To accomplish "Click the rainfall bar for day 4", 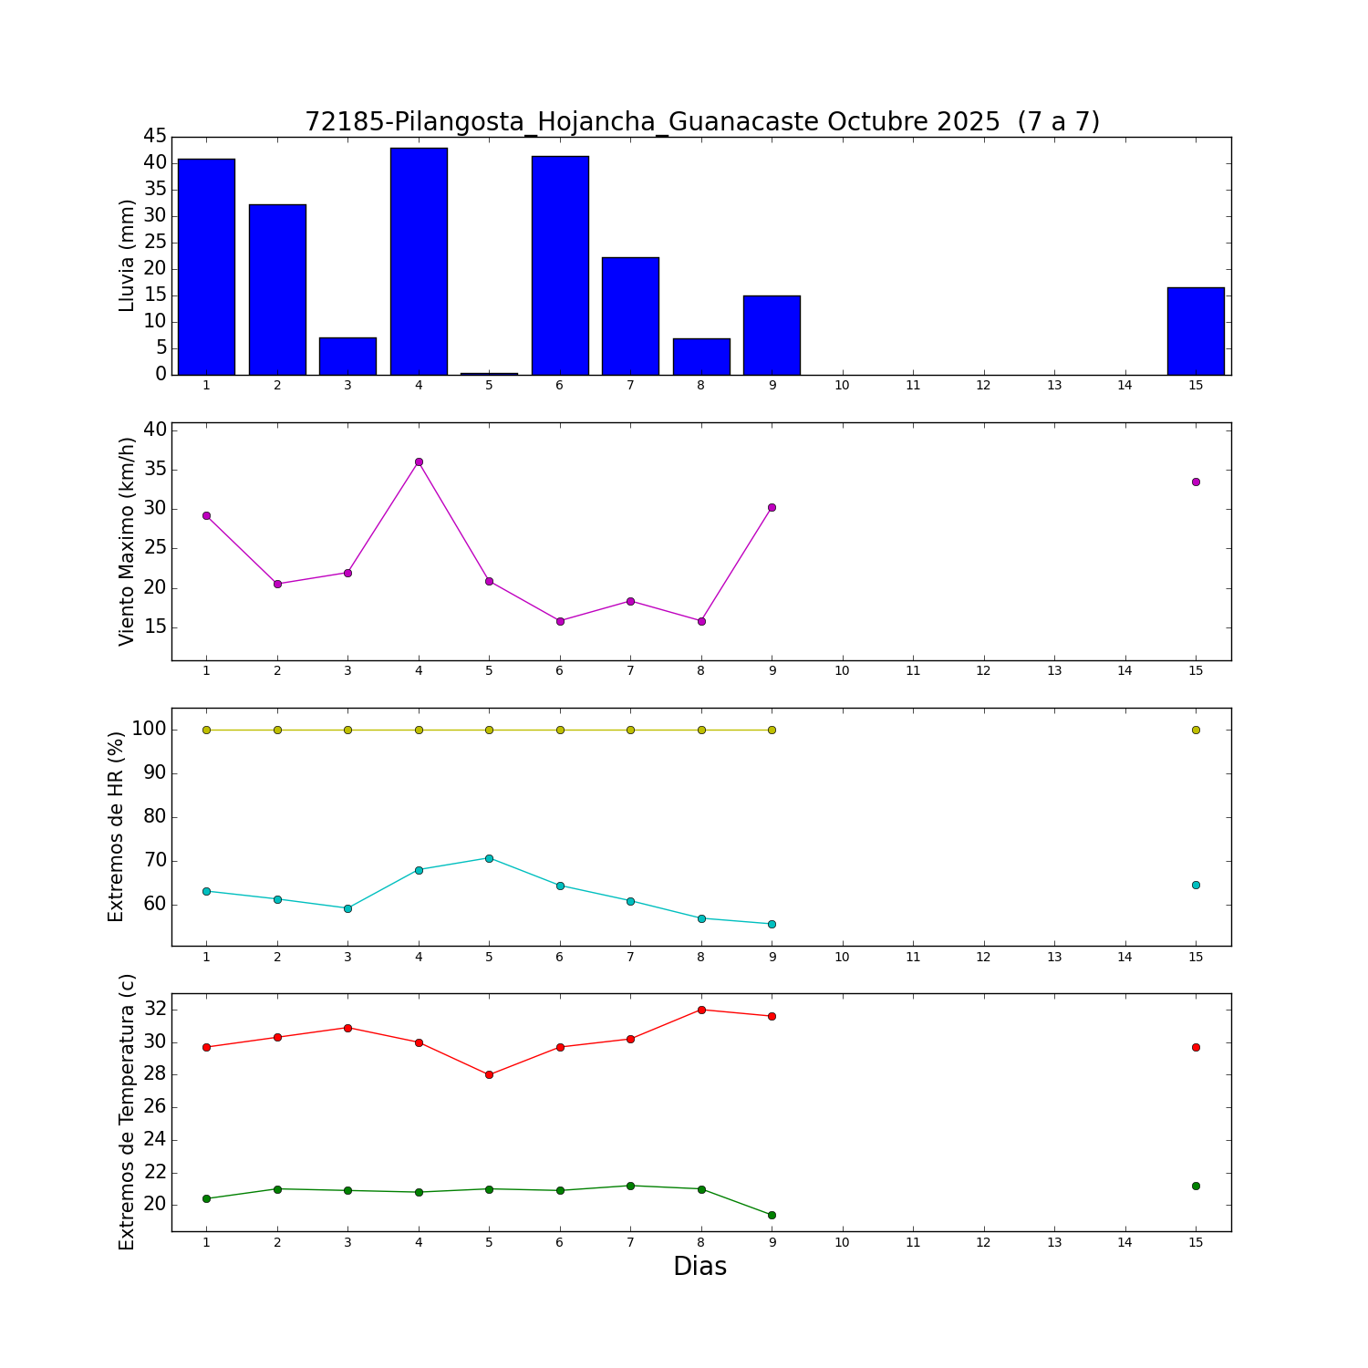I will (x=419, y=261).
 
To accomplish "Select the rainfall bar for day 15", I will (x=1196, y=331).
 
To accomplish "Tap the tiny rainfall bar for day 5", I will (x=489, y=373).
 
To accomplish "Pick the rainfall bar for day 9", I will (x=772, y=335).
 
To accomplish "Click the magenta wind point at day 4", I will (x=419, y=461).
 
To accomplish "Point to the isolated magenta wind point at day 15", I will (x=1196, y=482).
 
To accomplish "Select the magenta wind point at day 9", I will (x=772, y=507).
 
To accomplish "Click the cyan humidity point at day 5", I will (x=489, y=858).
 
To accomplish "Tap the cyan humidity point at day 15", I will (x=1196, y=885).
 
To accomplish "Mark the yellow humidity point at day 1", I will (x=206, y=730).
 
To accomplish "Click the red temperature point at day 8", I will (x=701, y=1010).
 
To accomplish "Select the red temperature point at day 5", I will (x=489, y=1074).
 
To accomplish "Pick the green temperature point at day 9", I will (x=772, y=1215).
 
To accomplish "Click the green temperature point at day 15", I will (x=1196, y=1186).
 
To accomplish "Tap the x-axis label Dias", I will (x=700, y=1266).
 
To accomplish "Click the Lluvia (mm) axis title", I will (x=127, y=255).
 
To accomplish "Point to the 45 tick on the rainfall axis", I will (x=155, y=137).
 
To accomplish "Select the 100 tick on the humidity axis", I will (x=148, y=730).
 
